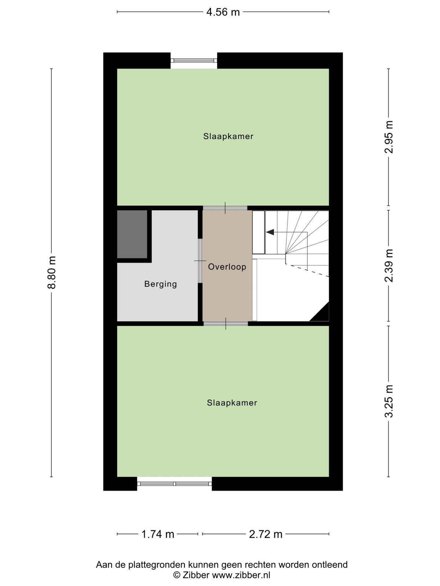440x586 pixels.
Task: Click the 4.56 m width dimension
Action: point(223,12)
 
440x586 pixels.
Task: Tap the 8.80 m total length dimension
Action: point(52,272)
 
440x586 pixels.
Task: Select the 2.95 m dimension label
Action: point(389,137)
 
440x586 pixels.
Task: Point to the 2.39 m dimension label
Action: point(389,266)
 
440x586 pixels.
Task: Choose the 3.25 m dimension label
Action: point(389,401)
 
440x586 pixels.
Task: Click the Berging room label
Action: point(161,284)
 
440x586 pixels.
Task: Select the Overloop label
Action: point(227,267)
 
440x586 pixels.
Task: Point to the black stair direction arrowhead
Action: point(270,232)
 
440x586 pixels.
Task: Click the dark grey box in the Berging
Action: point(132,234)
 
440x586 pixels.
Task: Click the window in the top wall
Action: point(194,60)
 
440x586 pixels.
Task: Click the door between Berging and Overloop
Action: point(200,260)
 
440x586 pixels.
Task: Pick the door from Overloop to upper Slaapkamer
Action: point(225,208)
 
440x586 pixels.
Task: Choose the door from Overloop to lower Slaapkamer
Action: point(226,323)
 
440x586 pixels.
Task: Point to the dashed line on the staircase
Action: point(309,271)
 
